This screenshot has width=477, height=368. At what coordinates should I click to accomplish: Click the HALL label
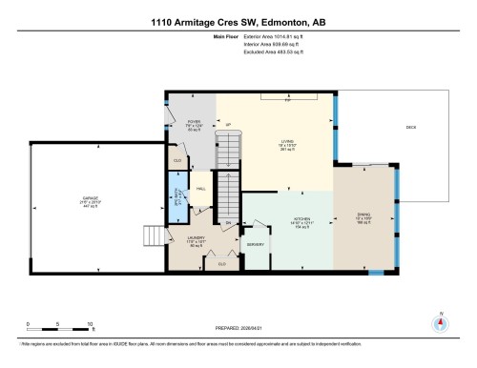(x=201, y=190)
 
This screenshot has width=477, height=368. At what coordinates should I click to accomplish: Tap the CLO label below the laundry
(x=221, y=264)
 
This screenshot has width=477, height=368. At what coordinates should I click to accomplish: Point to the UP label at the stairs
(x=229, y=125)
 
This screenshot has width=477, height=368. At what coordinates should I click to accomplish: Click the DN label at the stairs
(x=229, y=223)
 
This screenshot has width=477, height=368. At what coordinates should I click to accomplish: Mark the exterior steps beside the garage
(x=152, y=235)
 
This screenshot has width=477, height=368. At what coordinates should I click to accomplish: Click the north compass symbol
(x=440, y=321)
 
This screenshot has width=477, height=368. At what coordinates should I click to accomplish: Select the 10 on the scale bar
(x=89, y=325)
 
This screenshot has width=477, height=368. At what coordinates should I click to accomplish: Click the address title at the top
(x=238, y=23)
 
